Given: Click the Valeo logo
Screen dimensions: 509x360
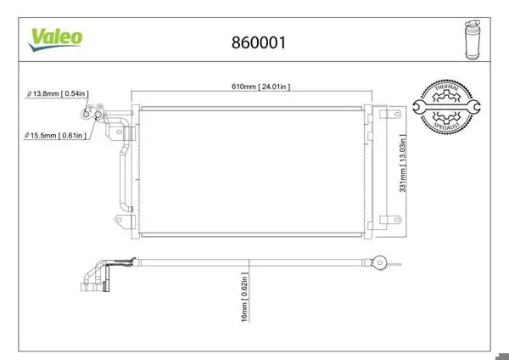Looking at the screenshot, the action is click(x=55, y=40).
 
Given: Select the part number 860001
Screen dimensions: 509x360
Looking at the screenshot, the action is click(x=259, y=42).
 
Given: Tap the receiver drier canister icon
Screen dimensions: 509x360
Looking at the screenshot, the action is click(x=473, y=40).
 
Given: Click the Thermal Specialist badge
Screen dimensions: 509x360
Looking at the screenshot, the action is click(x=446, y=106).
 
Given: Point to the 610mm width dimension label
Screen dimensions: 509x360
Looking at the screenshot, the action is click(x=260, y=87).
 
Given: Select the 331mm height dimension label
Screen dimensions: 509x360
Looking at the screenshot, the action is click(x=402, y=163).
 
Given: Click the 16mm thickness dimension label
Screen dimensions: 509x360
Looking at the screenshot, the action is click(x=245, y=297).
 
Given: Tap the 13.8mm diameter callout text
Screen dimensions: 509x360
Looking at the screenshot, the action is click(x=57, y=93).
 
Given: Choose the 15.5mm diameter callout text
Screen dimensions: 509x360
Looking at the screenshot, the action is click(x=55, y=135).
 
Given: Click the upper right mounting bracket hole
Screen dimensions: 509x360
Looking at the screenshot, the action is click(x=396, y=114).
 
